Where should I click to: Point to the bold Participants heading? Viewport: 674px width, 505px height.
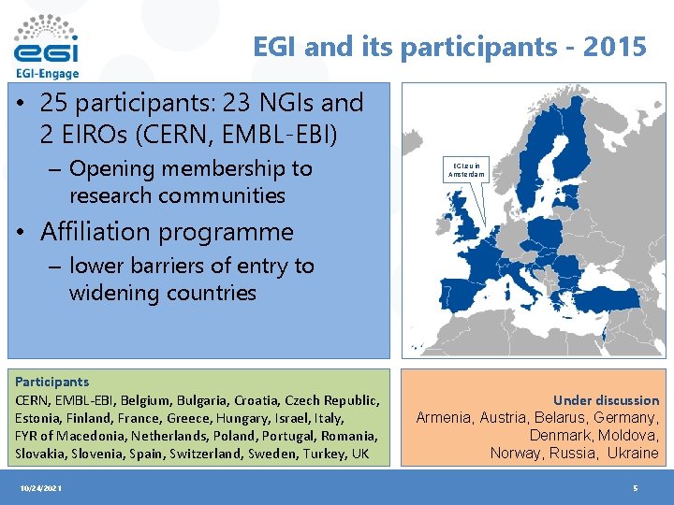click(51, 382)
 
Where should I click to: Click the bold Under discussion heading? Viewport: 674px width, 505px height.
click(606, 400)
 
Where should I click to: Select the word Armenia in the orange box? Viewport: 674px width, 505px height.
click(444, 418)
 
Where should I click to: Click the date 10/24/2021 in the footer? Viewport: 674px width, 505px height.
click(39, 489)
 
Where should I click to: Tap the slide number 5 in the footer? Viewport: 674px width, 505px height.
click(636, 489)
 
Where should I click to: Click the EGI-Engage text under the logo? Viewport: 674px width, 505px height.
click(47, 74)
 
